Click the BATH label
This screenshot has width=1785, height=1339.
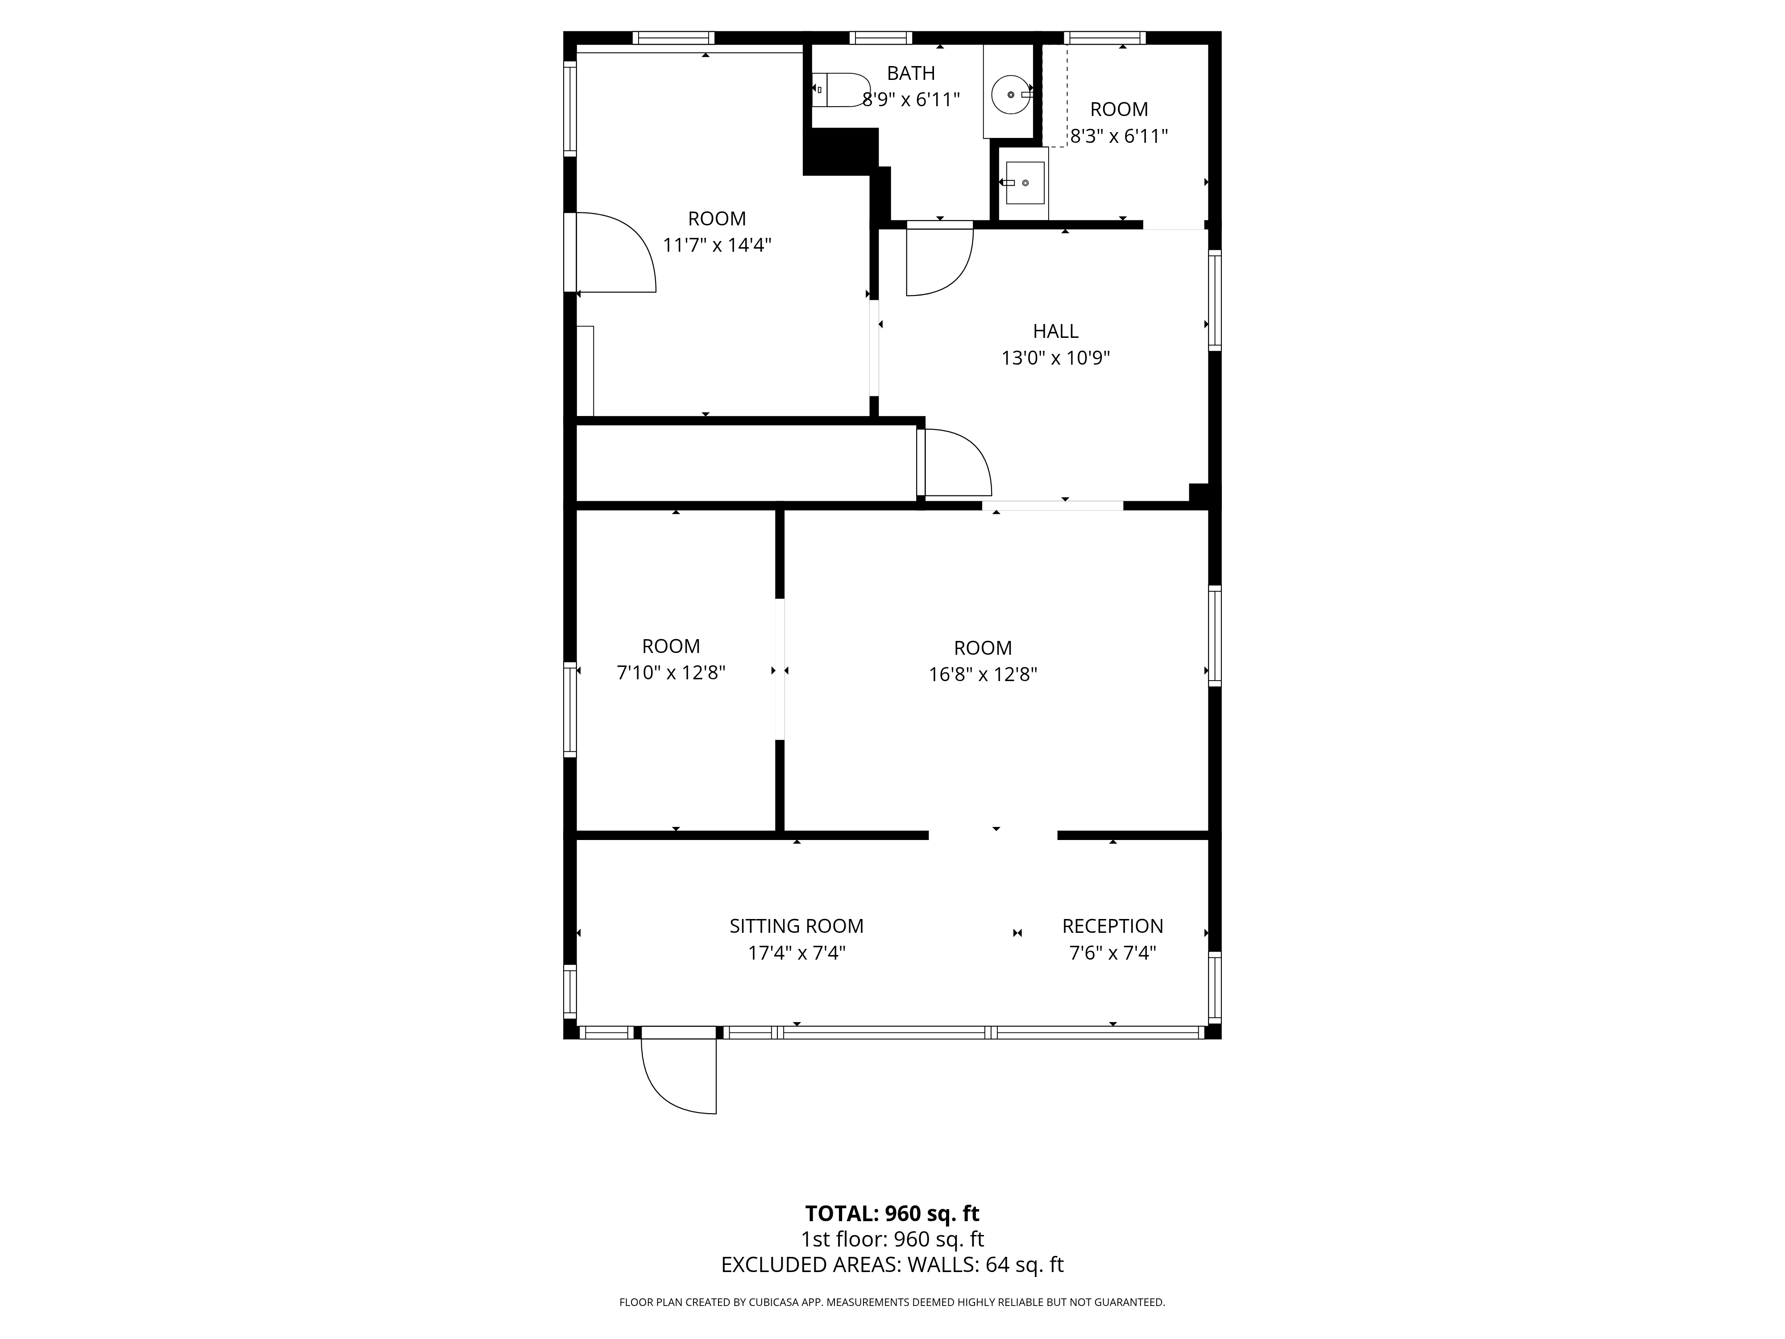click(911, 74)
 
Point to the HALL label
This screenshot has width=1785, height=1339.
click(1055, 331)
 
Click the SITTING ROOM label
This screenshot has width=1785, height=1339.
click(797, 926)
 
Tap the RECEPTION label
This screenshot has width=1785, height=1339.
click(1112, 926)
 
